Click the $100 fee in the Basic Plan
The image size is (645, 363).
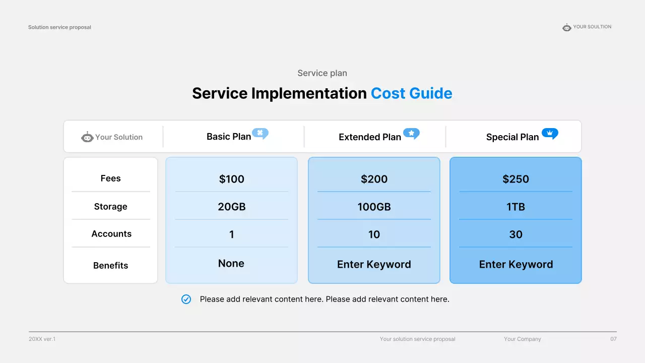231,179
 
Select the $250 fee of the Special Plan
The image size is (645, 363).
515,179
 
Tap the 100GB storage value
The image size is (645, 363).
374,207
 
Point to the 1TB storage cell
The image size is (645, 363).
515,207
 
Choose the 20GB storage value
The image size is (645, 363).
231,207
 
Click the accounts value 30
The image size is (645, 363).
515,234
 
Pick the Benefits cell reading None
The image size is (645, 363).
231,263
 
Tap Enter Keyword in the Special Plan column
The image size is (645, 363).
516,265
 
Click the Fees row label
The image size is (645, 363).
110,178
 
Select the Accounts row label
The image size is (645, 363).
111,233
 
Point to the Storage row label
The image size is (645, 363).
110,207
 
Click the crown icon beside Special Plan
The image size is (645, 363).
550,134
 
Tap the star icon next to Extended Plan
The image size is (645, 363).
411,134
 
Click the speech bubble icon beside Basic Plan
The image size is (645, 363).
261,134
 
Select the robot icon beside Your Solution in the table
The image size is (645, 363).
87,137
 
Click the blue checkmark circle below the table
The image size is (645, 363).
186,299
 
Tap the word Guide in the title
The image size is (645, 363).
431,93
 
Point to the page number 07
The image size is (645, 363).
613,339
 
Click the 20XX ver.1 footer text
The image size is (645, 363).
42,339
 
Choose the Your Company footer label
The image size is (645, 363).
523,339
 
